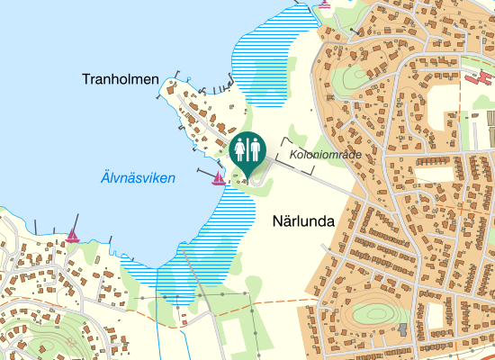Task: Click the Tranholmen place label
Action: coord(120,80)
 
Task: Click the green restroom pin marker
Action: coord(247,152)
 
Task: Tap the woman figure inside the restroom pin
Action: coord(239,148)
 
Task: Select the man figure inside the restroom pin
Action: coord(254,148)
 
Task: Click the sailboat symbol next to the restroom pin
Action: coord(218,179)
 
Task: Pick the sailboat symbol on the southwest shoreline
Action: coord(73,236)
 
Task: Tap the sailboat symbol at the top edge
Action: coord(325,4)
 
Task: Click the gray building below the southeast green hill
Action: coord(402,328)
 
